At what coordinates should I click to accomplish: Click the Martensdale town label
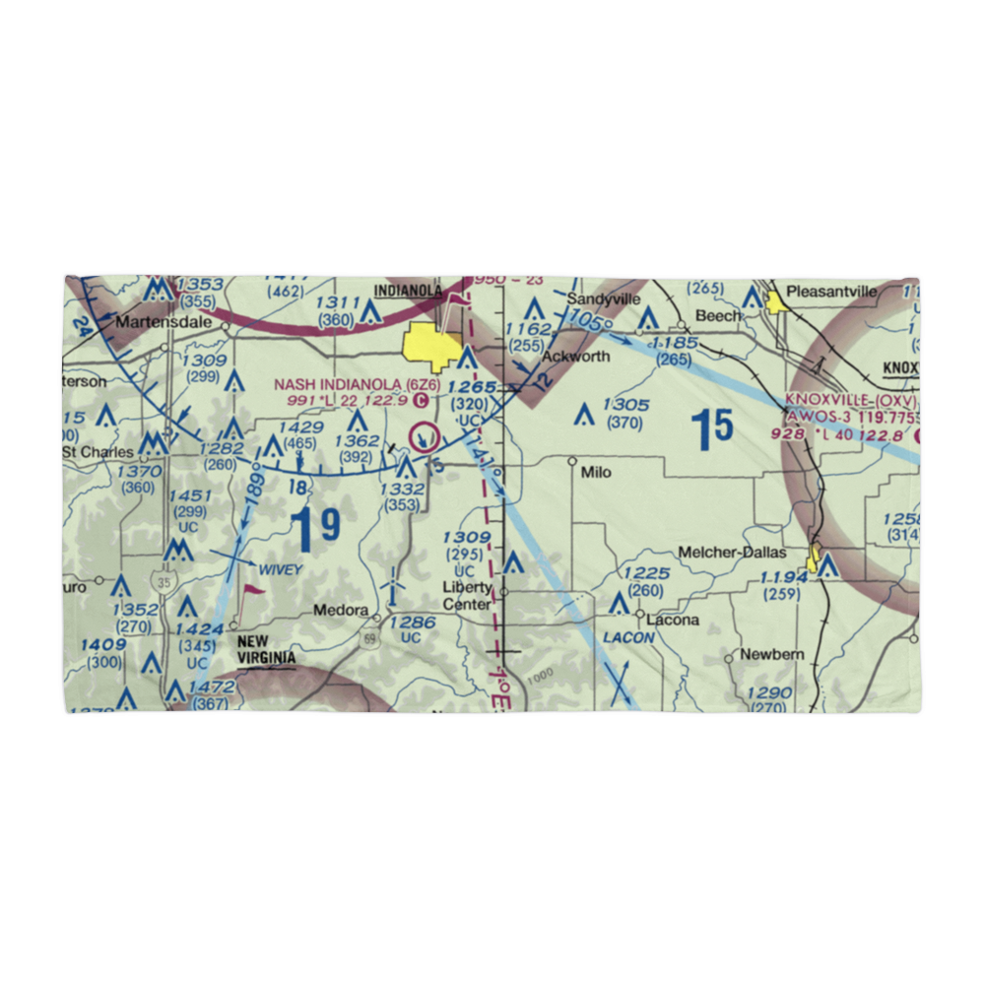coord(156,322)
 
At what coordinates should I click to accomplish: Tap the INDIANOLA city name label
coord(408,291)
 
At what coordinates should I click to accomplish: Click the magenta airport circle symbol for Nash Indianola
coord(425,437)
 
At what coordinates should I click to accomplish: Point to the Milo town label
coord(595,472)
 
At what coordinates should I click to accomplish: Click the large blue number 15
coord(712,428)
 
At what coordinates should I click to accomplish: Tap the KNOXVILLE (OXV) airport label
coord(851,402)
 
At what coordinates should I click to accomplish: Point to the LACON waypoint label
coord(627,638)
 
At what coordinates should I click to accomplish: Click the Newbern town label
coord(772,654)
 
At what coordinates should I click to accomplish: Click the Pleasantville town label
coord(837,292)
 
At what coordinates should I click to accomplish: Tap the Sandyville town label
coord(604,298)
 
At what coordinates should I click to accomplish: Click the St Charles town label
coord(98,452)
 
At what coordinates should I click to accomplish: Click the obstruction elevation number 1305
coord(625,405)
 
